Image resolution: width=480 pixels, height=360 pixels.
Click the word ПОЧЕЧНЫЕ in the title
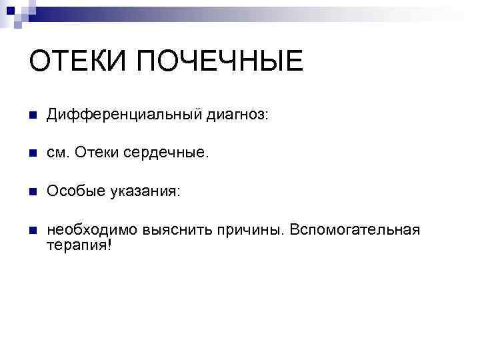click(221, 62)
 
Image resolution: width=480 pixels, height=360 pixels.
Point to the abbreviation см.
click(58, 154)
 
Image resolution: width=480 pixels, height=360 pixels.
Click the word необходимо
click(93, 230)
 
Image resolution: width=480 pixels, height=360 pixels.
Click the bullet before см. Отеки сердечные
click(33, 154)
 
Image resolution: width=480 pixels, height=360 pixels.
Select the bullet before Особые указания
click(33, 192)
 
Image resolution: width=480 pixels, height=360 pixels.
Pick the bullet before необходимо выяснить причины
click(33, 231)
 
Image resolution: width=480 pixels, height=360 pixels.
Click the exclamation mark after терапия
click(109, 244)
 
